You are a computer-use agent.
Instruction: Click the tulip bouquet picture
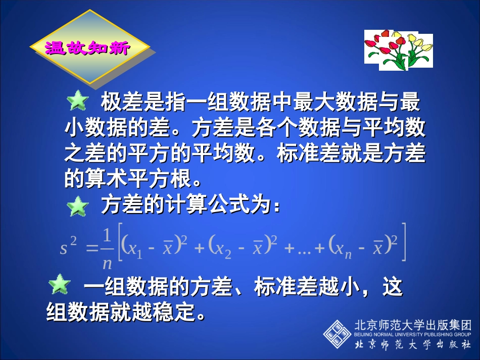(399, 48)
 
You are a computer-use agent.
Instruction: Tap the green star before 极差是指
(78, 101)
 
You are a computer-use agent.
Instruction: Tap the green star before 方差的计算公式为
(78, 206)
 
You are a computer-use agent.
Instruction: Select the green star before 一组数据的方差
(59, 285)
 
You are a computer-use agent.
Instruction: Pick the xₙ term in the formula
(344, 248)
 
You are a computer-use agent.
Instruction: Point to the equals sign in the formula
(91, 247)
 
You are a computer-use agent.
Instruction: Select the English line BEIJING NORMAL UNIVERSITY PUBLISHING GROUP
(413, 334)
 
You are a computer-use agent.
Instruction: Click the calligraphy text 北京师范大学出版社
(413, 345)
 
